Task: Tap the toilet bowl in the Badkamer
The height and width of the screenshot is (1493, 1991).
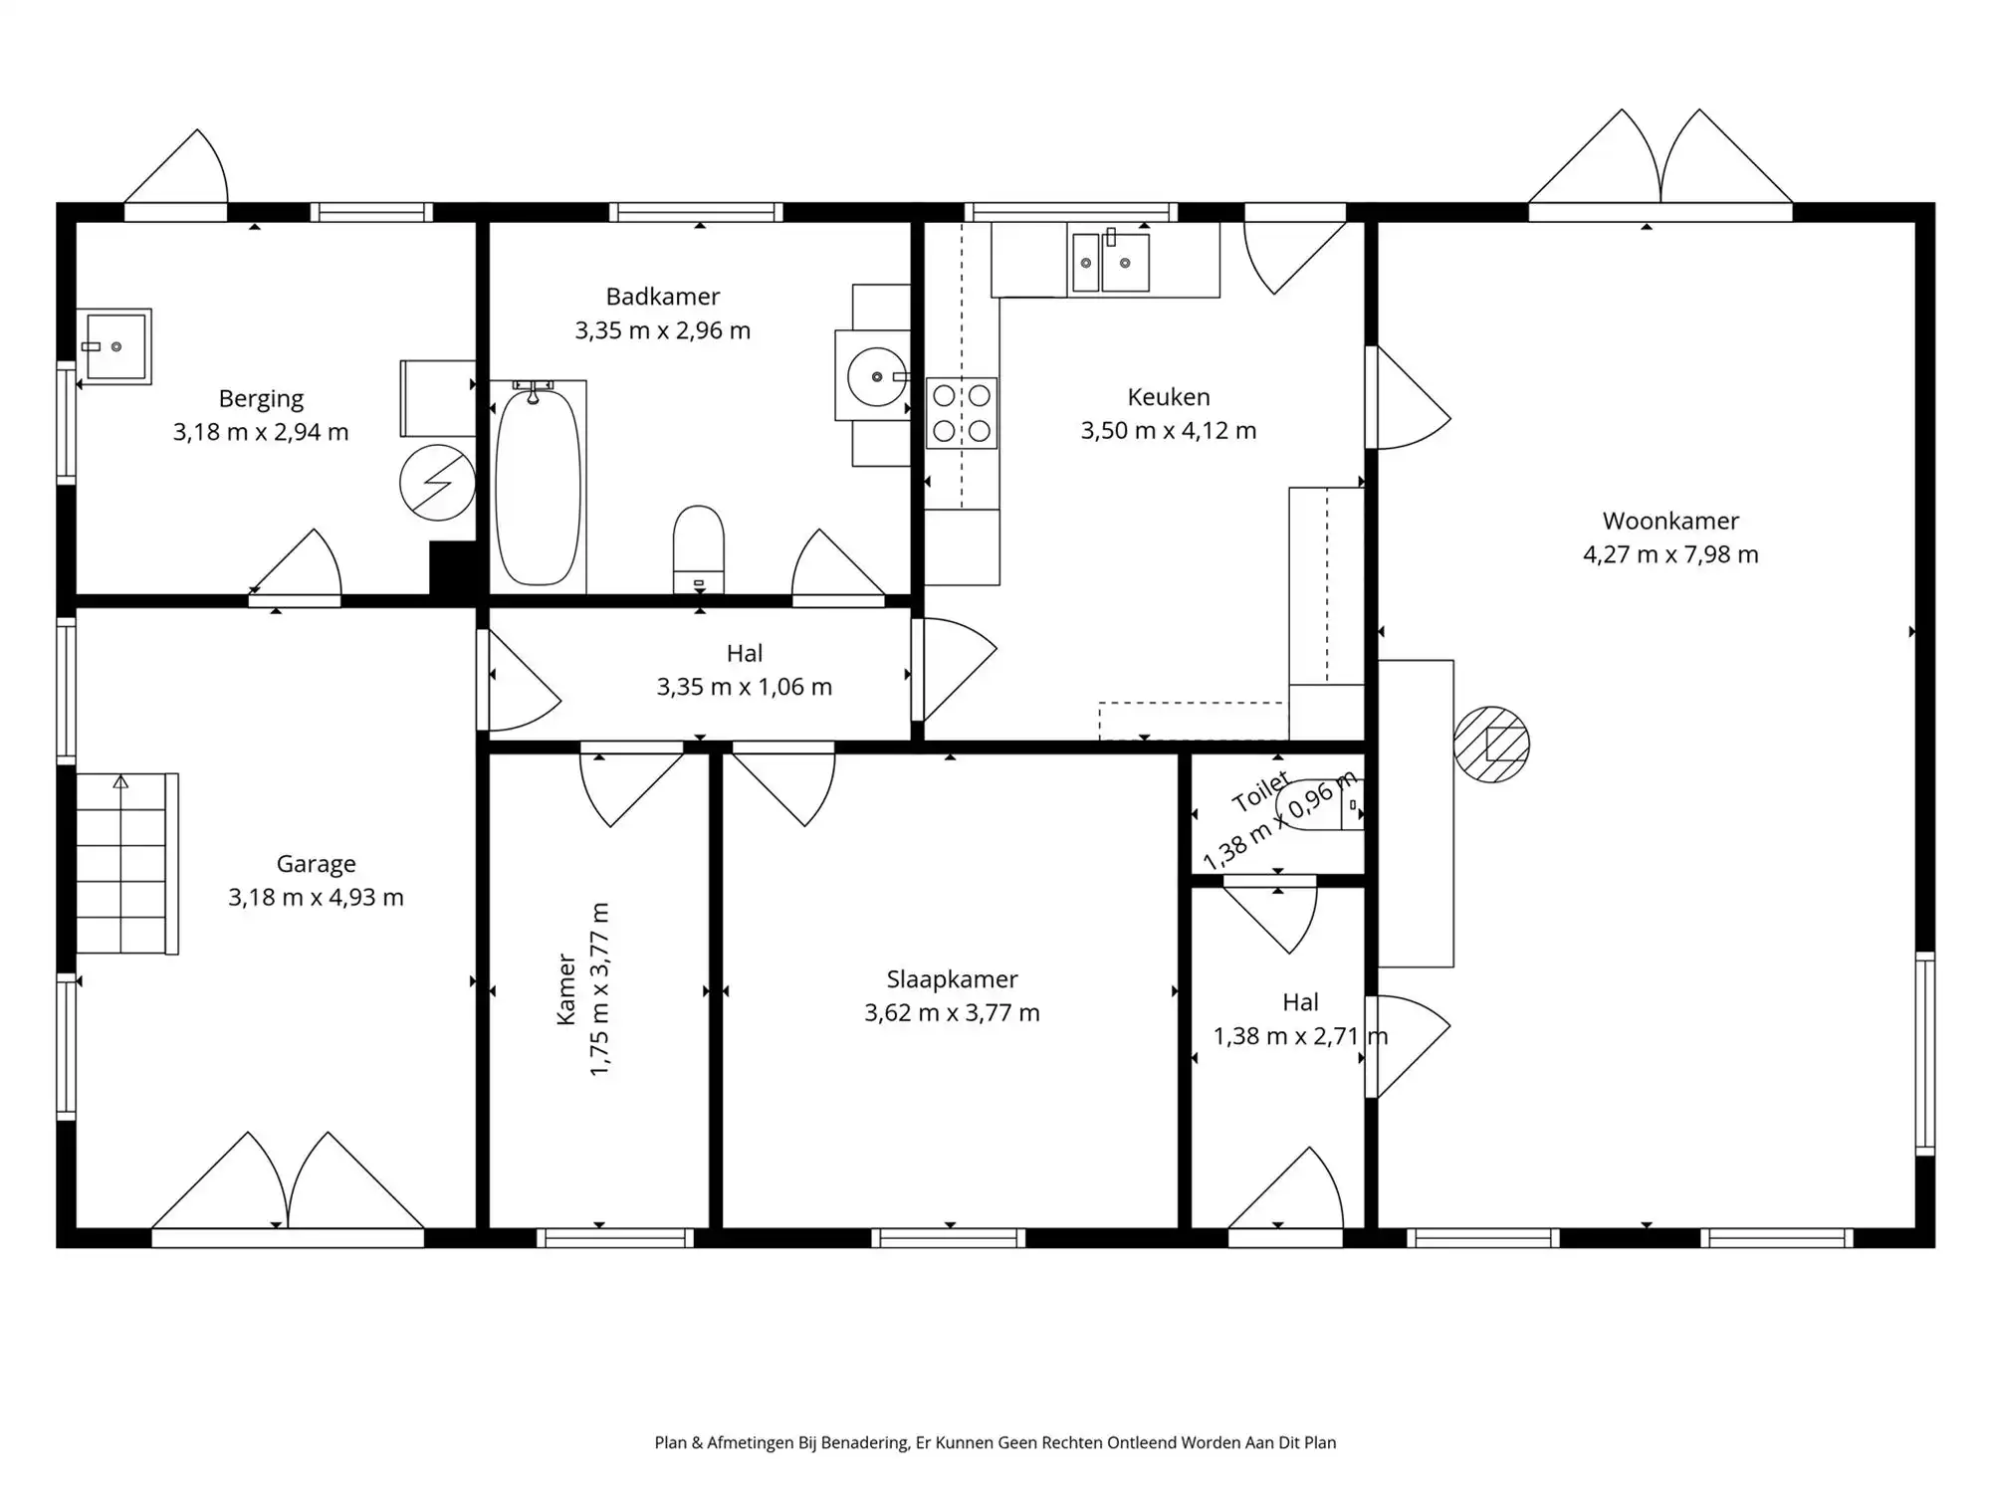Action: [698, 547]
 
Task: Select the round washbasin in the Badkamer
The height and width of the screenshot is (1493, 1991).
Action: [876, 377]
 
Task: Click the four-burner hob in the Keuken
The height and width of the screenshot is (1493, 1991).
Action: [962, 413]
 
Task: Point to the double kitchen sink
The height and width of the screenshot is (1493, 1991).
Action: [1109, 262]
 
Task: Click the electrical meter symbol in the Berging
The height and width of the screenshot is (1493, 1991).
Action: [437, 483]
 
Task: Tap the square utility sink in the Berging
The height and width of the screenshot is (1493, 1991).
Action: [116, 346]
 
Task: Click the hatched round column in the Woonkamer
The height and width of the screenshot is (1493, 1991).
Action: [1490, 745]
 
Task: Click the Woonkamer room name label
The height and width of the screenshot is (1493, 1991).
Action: [1670, 521]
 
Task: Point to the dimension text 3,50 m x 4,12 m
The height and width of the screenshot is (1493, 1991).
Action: [1169, 431]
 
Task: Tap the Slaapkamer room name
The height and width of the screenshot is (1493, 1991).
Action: [952, 979]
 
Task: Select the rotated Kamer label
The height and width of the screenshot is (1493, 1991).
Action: [566, 989]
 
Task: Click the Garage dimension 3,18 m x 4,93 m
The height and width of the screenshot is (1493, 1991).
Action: [316, 898]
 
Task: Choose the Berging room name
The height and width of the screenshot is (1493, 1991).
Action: [261, 399]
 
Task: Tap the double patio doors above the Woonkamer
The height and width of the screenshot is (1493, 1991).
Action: [1660, 164]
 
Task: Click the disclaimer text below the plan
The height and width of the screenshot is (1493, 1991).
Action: [995, 1442]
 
